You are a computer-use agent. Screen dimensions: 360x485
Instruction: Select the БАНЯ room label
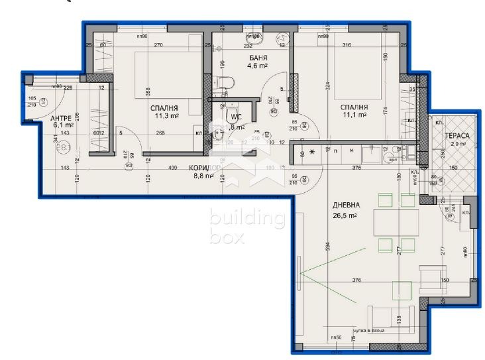tap(239, 58)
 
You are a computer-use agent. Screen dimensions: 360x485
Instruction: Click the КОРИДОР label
tap(205, 168)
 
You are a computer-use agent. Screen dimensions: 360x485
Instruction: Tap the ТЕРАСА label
tap(457, 136)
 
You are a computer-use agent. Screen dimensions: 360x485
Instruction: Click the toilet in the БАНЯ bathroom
tap(225, 82)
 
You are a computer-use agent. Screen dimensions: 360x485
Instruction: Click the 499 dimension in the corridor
tap(172, 168)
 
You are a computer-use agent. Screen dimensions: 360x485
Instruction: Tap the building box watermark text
tap(246, 225)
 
